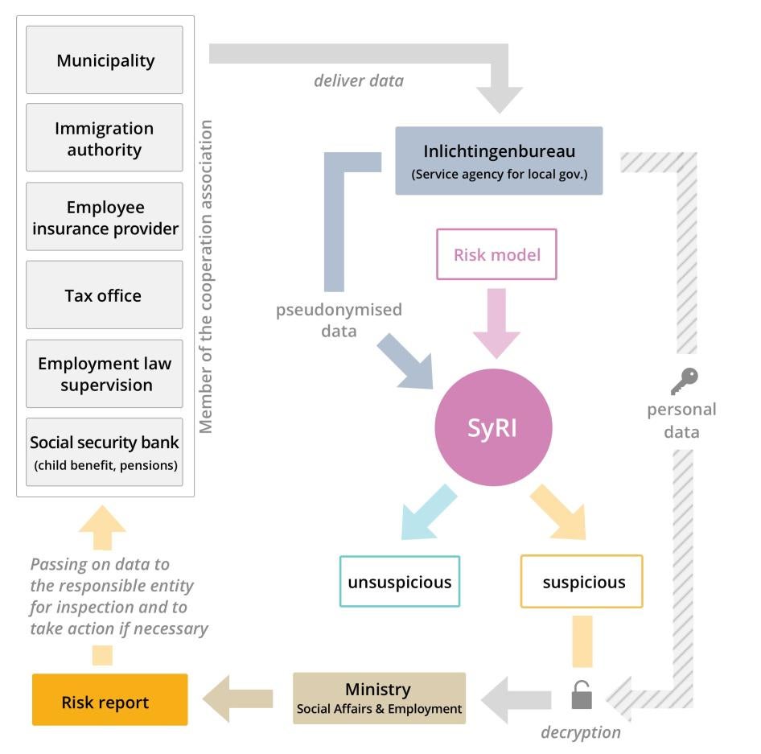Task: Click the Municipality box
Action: tap(105, 60)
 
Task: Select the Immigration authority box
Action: tap(105, 138)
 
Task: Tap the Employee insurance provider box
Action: tap(105, 217)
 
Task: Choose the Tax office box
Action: tap(105, 295)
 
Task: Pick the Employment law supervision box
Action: tap(105, 373)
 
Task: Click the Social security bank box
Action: tap(105, 452)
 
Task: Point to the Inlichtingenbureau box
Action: tap(499, 161)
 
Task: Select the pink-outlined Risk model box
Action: tap(496, 255)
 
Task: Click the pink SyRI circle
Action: tap(493, 427)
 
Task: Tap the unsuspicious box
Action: tap(400, 582)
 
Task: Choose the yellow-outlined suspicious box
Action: tap(582, 582)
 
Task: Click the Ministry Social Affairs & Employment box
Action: tap(379, 698)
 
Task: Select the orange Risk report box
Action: tap(109, 701)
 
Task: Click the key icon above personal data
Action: tap(684, 381)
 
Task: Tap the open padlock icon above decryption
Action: tap(582, 694)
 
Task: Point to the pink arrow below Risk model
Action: tap(496, 322)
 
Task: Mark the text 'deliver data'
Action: tap(358, 80)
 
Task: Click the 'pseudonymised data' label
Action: tap(339, 320)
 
